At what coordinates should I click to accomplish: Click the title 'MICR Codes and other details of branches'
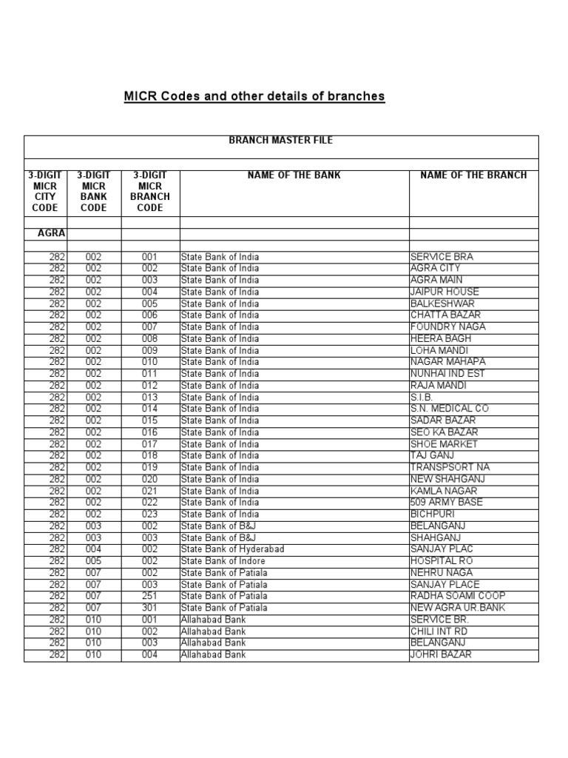pyautogui.click(x=254, y=97)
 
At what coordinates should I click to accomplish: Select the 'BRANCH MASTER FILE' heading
pyautogui.click(x=281, y=141)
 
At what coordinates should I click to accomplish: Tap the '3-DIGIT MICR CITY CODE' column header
pyautogui.click(x=45, y=192)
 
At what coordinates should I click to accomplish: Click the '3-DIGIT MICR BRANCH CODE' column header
pyautogui.click(x=150, y=192)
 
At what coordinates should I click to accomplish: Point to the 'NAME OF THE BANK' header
pyautogui.click(x=294, y=175)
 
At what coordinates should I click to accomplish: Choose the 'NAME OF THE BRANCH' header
pyautogui.click(x=473, y=175)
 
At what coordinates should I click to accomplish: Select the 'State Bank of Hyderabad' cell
pyautogui.click(x=232, y=549)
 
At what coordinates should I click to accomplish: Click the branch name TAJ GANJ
pyautogui.click(x=433, y=456)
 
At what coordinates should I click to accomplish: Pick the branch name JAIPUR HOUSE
pyautogui.click(x=444, y=292)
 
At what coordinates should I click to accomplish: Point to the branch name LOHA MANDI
pyautogui.click(x=439, y=350)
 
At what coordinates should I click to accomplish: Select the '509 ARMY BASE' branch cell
pyautogui.click(x=446, y=503)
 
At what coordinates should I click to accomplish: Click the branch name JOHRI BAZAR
pyautogui.click(x=441, y=654)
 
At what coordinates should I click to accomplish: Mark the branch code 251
pyautogui.click(x=150, y=596)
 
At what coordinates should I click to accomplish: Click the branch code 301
pyautogui.click(x=150, y=608)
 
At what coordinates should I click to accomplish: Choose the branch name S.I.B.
pyautogui.click(x=423, y=398)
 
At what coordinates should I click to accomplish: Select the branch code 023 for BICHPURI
pyautogui.click(x=150, y=514)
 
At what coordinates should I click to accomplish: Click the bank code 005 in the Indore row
pyautogui.click(x=94, y=561)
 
